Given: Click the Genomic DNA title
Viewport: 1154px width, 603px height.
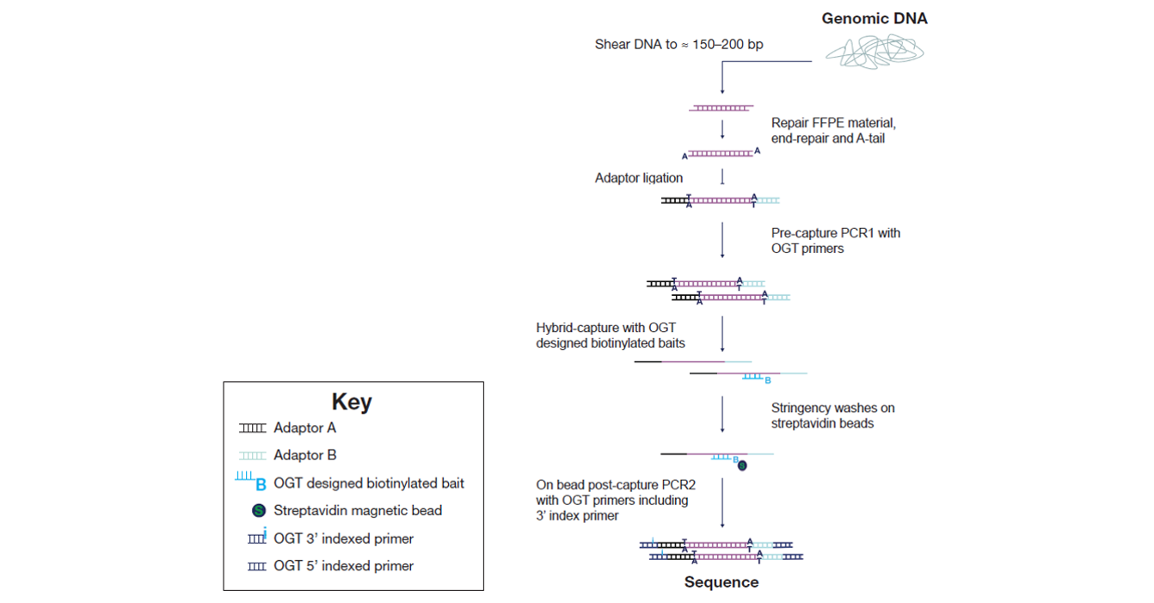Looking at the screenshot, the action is point(875,19).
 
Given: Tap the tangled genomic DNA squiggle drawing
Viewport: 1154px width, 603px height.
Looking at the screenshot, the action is point(875,52).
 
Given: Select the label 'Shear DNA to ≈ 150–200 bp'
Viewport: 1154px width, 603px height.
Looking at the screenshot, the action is point(678,45).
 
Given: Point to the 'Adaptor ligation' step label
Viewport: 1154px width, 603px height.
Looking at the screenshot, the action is point(639,178).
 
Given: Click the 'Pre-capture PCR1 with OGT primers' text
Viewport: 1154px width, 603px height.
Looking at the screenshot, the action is point(836,241).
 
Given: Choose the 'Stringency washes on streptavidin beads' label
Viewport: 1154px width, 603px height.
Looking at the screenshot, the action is point(832,415).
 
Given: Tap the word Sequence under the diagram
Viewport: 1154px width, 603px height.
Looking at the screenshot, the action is point(721,581).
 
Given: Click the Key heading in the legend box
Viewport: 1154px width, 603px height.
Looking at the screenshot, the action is point(352,402).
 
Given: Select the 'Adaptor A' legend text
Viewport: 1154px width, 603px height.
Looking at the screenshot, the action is point(304,428).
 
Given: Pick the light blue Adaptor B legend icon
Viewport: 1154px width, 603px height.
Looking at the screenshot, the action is point(253,456).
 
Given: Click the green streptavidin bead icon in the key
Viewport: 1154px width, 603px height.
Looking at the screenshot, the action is point(259,510).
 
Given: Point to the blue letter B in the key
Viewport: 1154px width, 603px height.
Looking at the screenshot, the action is point(261,485).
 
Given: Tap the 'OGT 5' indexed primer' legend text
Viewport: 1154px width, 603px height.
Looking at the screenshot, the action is point(343,566).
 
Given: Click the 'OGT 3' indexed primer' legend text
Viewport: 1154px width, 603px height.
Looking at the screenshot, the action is point(343,538).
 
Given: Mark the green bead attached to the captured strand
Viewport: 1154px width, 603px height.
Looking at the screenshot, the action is point(742,466).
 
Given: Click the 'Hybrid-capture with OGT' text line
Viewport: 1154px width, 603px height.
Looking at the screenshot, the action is point(606,328).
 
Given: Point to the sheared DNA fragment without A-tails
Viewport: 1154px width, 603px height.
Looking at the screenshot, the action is point(721,108).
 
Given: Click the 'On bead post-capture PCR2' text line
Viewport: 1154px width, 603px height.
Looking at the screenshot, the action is point(616,485).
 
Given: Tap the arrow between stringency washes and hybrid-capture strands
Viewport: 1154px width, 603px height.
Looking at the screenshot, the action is point(722,414).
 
